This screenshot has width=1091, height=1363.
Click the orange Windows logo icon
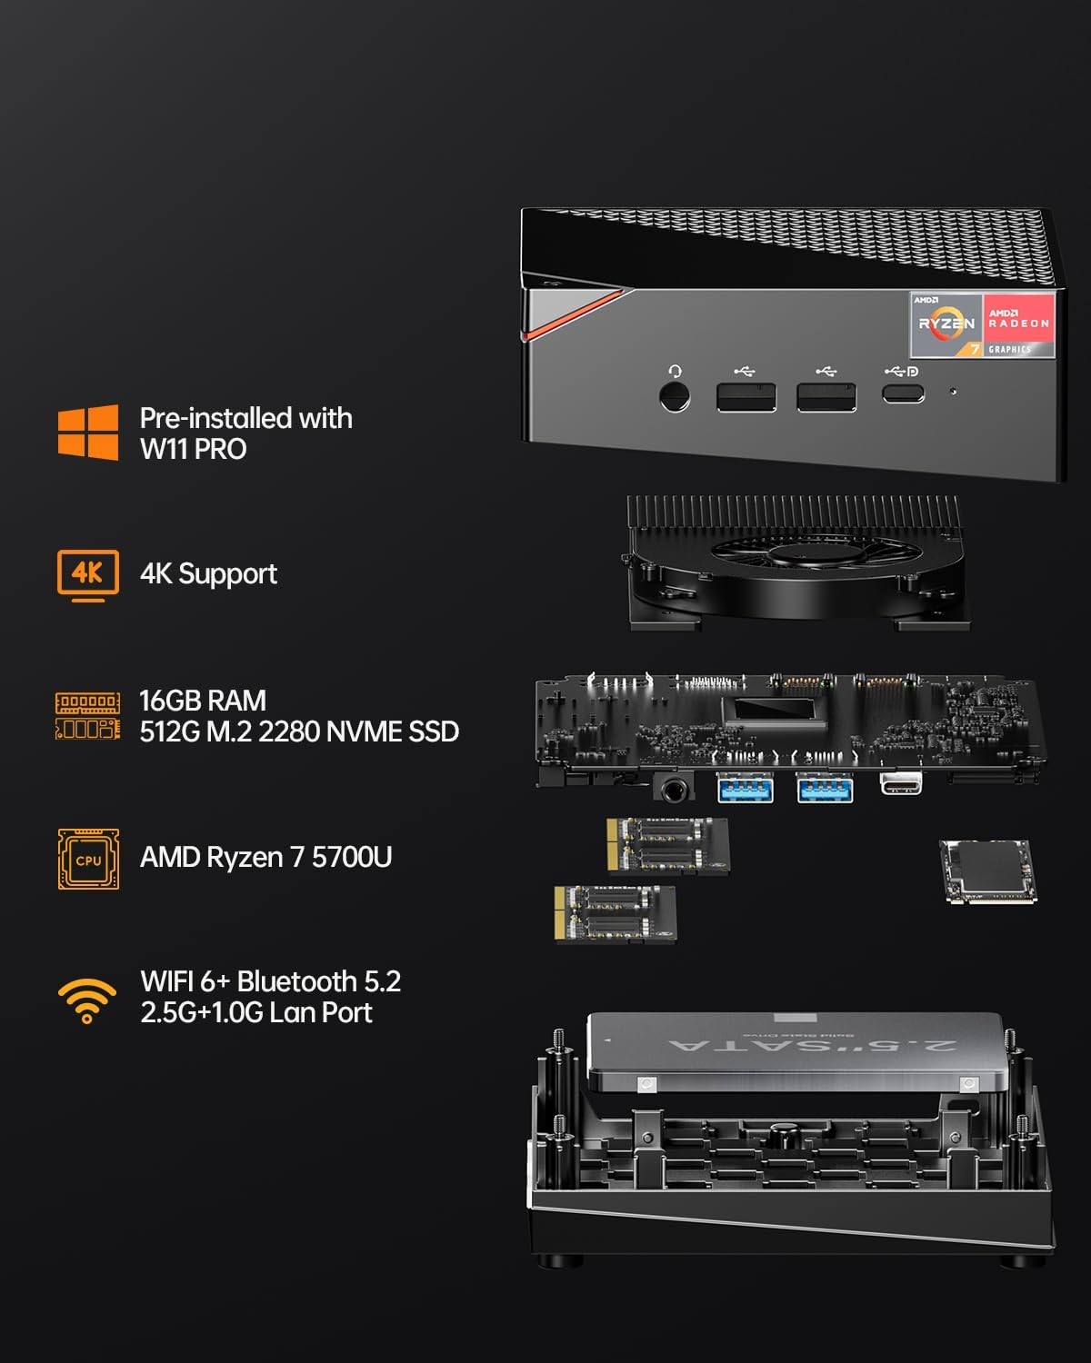(87, 433)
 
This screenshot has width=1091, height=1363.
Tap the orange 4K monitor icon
(87, 574)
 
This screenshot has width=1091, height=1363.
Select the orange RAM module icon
(87, 716)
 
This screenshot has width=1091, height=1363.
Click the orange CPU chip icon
(88, 859)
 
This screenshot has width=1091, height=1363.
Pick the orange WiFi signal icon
(87, 1000)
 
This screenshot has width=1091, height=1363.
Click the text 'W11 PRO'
(193, 449)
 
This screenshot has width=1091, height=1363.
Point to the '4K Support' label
(208, 574)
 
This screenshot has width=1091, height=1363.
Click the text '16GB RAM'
(203, 701)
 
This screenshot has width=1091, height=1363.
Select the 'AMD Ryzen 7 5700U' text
(265, 857)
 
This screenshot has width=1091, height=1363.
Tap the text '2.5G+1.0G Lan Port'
(256, 1012)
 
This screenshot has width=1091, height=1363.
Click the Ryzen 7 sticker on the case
(946, 324)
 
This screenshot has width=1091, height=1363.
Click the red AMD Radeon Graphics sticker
(1019, 324)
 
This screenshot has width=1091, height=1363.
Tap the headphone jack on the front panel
(674, 397)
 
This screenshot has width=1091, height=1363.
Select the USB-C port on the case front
(902, 393)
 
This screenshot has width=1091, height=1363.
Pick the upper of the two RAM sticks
(667, 845)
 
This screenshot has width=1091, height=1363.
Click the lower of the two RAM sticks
(616, 914)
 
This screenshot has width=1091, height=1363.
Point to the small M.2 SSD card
(987, 871)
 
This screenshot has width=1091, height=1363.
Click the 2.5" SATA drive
(796, 1051)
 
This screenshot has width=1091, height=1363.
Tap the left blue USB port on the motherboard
(746, 787)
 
